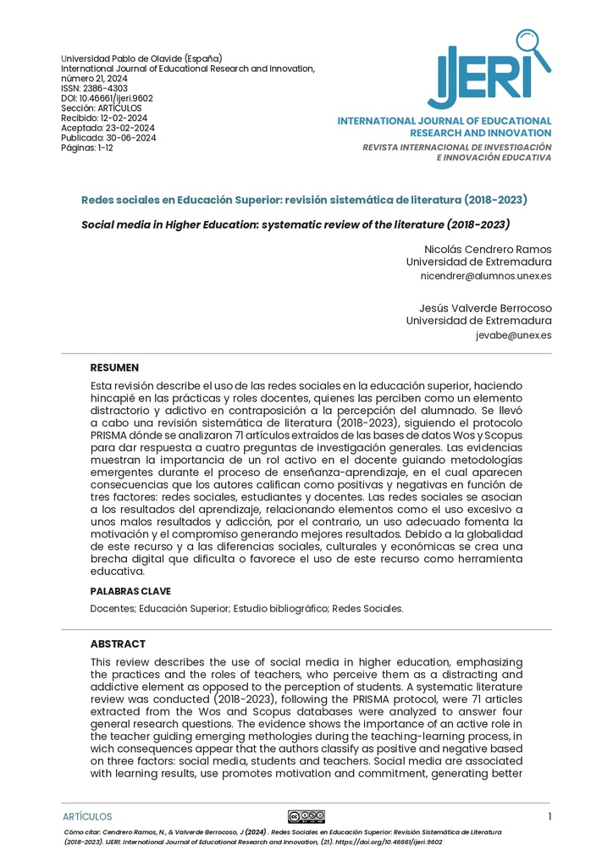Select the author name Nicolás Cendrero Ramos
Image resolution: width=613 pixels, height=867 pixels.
(x=487, y=249)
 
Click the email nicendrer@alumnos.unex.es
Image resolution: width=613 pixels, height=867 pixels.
(x=485, y=276)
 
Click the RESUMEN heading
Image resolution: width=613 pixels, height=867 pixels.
(x=114, y=368)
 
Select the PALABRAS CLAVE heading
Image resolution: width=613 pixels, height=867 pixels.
(x=130, y=591)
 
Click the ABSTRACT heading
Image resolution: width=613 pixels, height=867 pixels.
(x=118, y=644)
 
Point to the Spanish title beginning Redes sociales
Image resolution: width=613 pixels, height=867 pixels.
(x=304, y=200)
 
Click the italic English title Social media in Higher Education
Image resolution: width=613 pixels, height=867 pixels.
(x=295, y=225)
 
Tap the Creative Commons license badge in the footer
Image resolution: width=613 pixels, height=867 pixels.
(x=306, y=816)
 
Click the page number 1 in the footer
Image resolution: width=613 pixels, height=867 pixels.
(x=549, y=816)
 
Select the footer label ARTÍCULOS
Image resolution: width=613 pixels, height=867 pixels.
(x=87, y=817)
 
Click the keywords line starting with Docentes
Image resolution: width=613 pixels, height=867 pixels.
(x=246, y=608)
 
